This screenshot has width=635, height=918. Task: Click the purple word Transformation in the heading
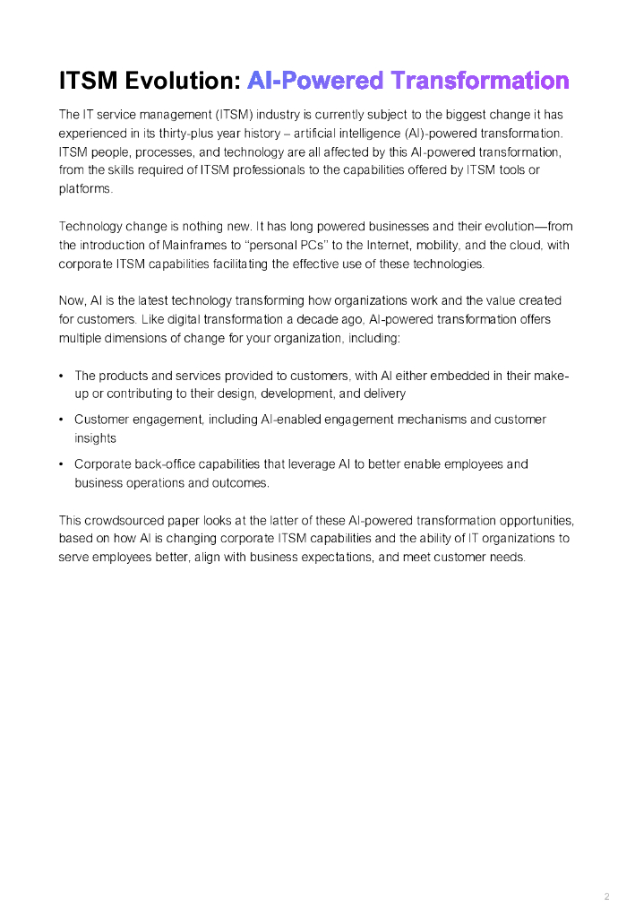[481, 81]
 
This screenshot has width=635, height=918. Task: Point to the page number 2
[606, 896]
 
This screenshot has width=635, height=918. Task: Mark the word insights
[95, 438]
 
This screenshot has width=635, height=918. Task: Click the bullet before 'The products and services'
[61, 376]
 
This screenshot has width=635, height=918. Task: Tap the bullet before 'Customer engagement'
[61, 420]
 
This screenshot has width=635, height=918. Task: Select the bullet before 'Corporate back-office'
[61, 464]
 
